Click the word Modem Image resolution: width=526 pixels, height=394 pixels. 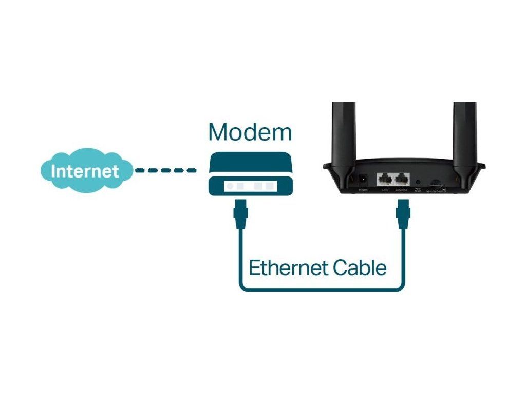250,132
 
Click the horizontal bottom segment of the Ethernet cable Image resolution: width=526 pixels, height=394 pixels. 322,289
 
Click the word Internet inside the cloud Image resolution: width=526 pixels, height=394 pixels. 85,171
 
